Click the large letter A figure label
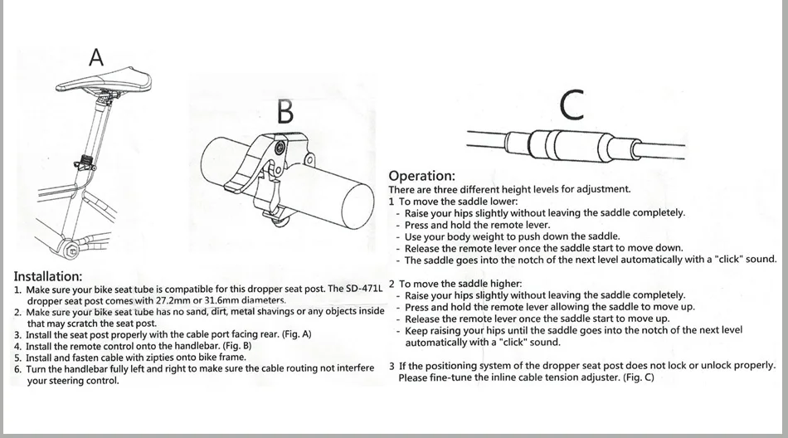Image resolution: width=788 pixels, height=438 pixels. point(96,57)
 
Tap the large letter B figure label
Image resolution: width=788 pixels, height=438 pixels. point(285,111)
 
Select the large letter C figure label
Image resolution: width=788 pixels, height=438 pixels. point(572,105)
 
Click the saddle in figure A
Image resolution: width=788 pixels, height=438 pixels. point(104,80)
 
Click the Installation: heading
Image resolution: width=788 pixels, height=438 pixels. point(48,276)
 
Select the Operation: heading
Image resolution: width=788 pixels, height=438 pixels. point(421,176)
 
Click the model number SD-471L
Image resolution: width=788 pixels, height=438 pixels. point(364,290)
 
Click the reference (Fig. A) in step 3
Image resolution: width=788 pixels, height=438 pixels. point(296,334)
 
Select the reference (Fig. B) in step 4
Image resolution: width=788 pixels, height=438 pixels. point(236,346)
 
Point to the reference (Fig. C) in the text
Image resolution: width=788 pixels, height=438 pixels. point(638,377)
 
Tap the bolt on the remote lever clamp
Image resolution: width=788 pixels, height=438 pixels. point(279,148)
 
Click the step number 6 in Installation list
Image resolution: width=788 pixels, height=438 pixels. point(17,369)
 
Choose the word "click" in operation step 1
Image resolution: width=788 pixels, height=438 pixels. point(730,260)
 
